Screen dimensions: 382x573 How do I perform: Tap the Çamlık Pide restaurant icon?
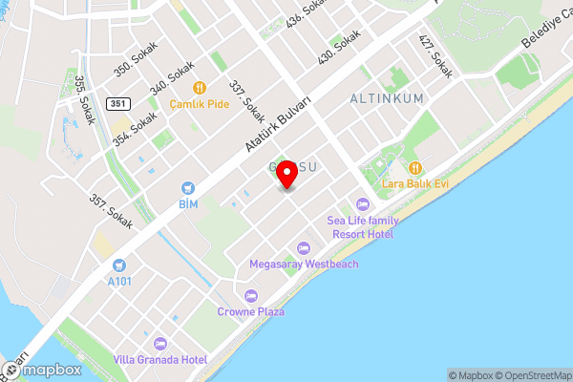point(200,87)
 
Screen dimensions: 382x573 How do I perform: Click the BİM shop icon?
point(188,188)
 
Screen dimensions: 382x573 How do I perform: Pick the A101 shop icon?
point(118,265)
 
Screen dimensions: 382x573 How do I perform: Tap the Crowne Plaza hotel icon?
point(251,294)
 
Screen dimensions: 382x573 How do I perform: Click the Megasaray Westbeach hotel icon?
point(304,247)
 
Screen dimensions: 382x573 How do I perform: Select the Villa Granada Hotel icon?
point(159,342)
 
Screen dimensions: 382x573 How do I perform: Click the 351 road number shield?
point(117,103)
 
